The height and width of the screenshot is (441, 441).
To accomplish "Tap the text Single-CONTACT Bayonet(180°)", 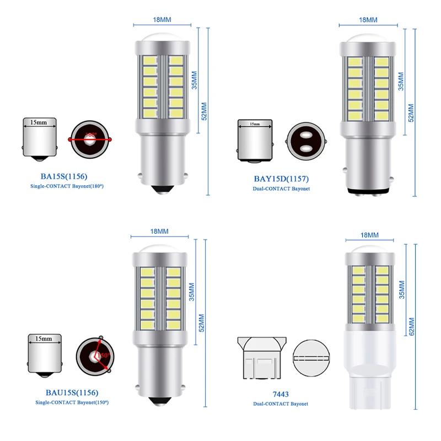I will (67, 187).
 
